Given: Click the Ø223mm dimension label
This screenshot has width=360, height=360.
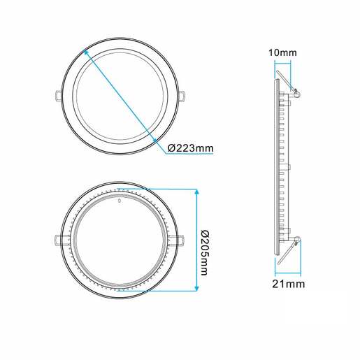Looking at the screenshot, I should pyautogui.click(x=191, y=148).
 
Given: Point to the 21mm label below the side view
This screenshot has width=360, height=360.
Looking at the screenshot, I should pyautogui.click(x=289, y=284).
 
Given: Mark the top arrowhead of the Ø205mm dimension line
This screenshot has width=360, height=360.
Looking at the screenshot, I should pyautogui.click(x=196, y=190).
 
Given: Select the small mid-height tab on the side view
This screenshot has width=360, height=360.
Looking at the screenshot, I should pyautogui.click(x=285, y=167).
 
